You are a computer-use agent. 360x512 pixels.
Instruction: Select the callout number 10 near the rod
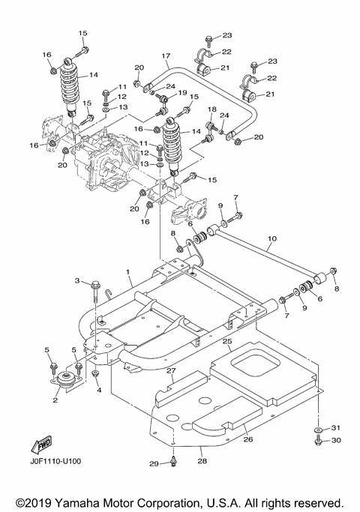[271, 239]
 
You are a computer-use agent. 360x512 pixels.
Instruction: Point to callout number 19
[181, 92]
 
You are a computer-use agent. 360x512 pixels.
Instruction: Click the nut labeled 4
[97, 374]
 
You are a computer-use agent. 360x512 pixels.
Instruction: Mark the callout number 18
[212, 109]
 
